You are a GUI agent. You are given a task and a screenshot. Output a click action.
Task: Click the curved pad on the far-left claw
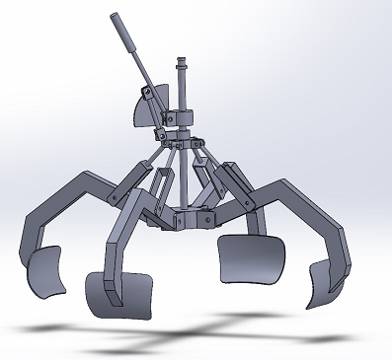pos(44,273)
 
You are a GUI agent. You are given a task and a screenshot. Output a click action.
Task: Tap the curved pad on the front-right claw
pos(251,257)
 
